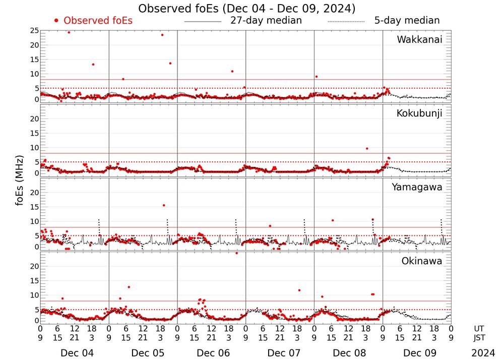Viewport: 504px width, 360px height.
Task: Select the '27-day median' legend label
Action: click(266, 21)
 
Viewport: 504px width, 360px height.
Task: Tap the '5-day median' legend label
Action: click(407, 21)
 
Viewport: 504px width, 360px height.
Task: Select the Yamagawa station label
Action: click(417, 187)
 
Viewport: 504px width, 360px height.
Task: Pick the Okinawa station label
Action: click(422, 261)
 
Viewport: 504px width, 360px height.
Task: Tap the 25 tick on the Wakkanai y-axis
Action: click(34, 31)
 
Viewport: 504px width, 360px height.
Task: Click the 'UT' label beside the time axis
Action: click(479, 328)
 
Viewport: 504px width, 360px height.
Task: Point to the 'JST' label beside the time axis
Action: click(479, 338)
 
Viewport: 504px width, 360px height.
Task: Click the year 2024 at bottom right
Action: click(483, 353)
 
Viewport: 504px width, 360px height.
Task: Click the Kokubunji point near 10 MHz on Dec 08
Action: click(367, 148)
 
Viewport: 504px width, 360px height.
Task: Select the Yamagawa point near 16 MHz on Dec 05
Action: click(164, 205)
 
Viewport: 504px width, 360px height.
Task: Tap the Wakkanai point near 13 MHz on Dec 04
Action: click(93, 65)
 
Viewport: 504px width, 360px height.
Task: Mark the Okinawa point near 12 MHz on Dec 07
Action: click(299, 290)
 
